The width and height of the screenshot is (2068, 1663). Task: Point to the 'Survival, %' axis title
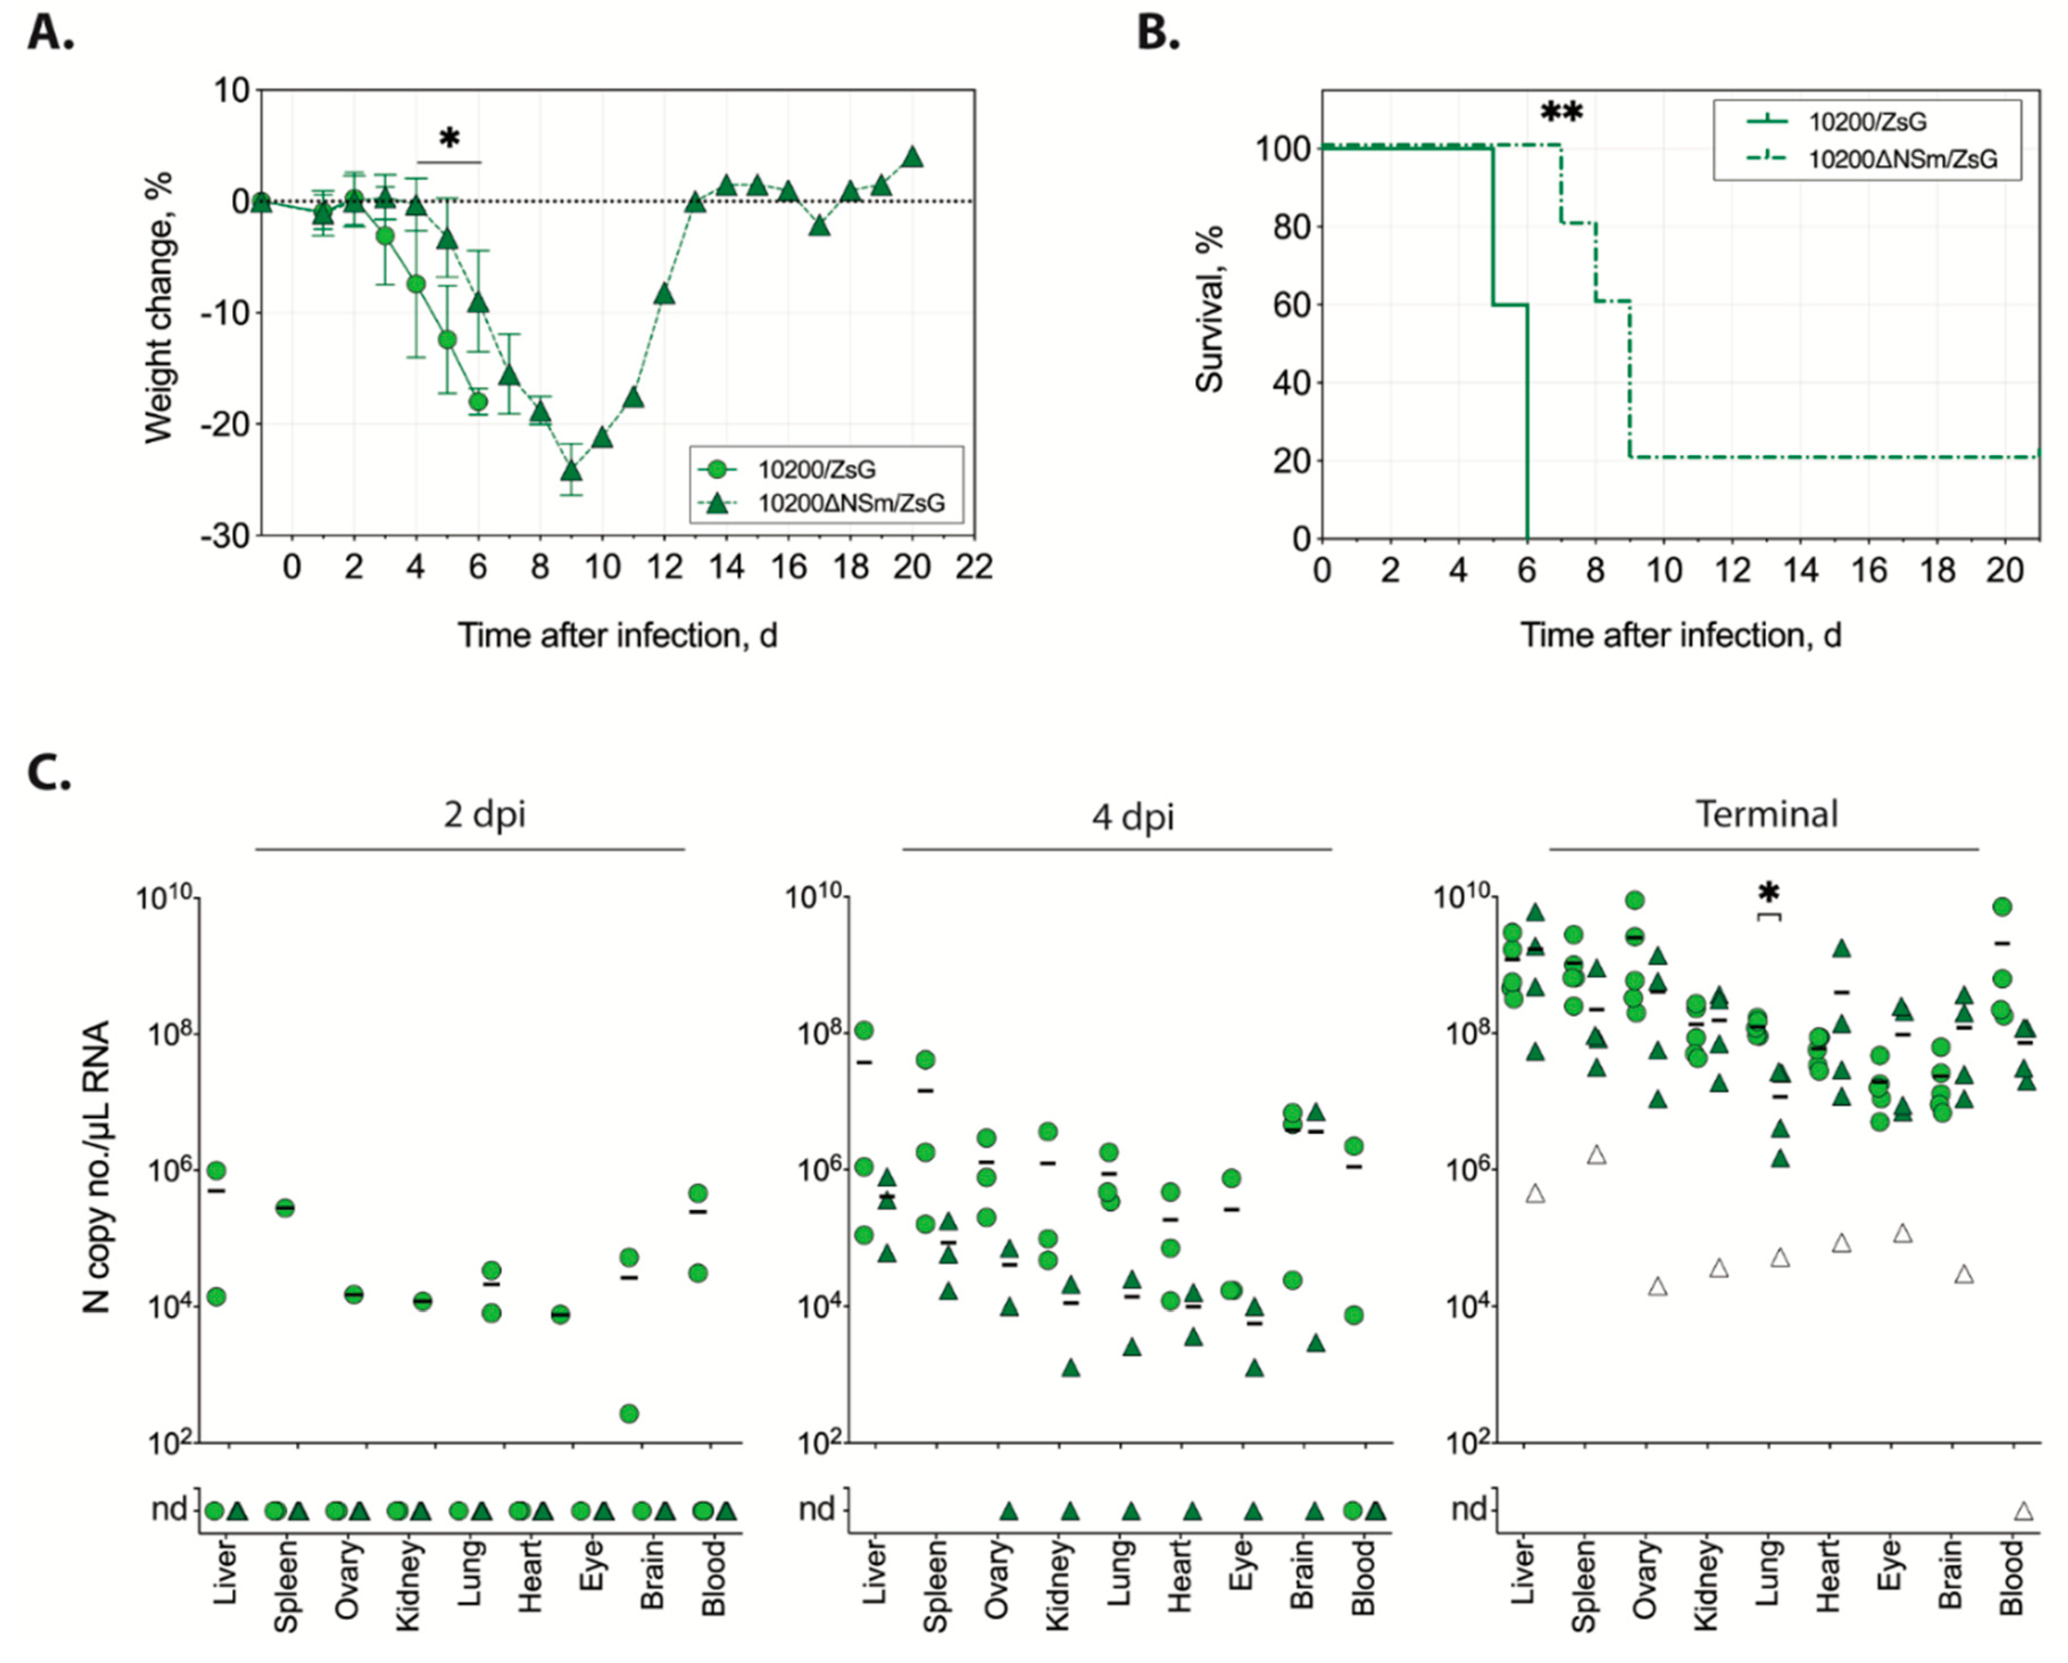click(x=1210, y=309)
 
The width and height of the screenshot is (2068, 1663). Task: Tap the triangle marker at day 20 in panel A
click(x=913, y=156)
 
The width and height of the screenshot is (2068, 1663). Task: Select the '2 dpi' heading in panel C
click(x=484, y=814)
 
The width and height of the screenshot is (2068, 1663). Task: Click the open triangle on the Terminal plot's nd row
click(x=2024, y=1511)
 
